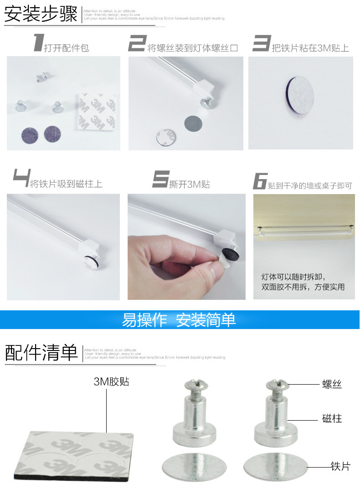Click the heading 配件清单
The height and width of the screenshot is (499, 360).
(x=41, y=353)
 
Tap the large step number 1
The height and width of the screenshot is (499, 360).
(x=37, y=43)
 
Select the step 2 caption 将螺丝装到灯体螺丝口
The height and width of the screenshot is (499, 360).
(x=193, y=48)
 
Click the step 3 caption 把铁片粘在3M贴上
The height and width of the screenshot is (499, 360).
(x=310, y=48)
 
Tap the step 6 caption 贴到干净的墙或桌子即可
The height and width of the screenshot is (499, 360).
(x=310, y=186)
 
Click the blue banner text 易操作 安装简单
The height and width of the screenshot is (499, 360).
(x=179, y=320)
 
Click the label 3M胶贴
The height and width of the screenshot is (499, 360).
(x=111, y=381)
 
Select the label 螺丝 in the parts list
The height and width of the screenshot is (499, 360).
(x=332, y=384)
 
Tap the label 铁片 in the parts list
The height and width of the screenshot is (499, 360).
(x=340, y=466)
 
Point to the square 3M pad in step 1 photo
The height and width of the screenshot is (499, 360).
(x=96, y=112)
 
